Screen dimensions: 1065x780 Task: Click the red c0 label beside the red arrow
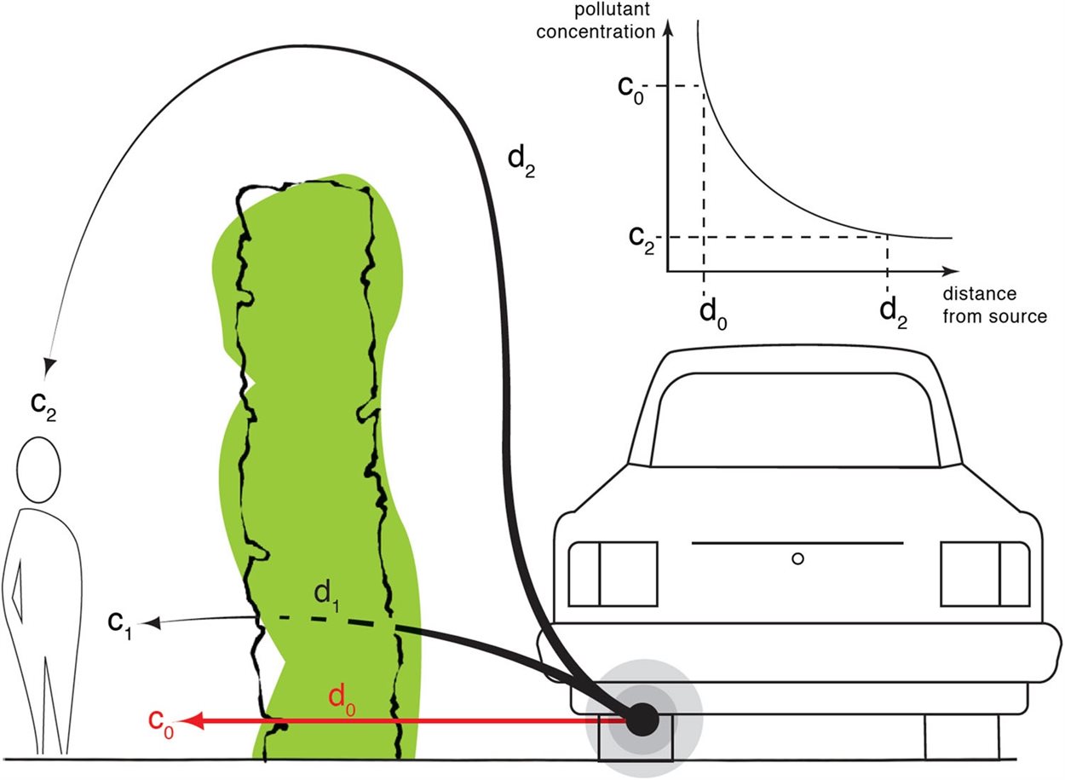pyautogui.click(x=161, y=724)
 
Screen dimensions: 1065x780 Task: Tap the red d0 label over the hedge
pyautogui.click(x=342, y=701)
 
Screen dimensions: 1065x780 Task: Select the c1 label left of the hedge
pyautogui.click(x=120, y=625)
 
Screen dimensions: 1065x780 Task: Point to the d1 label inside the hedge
pyautogui.click(x=327, y=597)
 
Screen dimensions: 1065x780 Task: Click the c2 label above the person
pyautogui.click(x=43, y=406)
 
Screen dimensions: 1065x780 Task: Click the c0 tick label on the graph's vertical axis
pyautogui.click(x=630, y=90)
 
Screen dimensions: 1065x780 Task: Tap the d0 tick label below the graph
pyautogui.click(x=713, y=315)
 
